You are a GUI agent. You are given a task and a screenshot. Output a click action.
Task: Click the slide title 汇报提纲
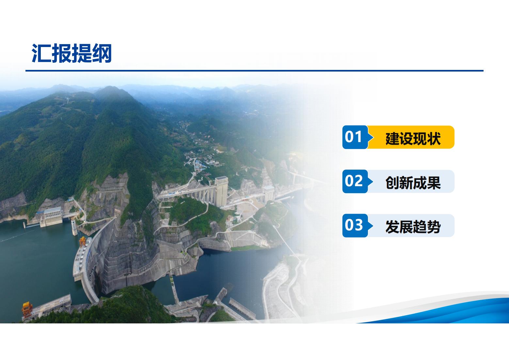click(72, 53)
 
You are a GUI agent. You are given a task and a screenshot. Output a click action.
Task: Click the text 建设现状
click(413, 138)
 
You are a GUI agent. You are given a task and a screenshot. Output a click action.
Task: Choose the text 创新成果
click(413, 182)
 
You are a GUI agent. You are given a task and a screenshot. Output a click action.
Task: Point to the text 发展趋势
click(413, 226)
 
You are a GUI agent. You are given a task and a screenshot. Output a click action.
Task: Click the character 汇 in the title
click(41, 53)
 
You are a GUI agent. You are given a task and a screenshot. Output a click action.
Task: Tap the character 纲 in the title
click(102, 53)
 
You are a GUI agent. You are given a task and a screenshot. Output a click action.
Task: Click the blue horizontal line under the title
click(255, 71)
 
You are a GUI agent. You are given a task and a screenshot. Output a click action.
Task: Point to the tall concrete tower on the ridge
click(221, 191)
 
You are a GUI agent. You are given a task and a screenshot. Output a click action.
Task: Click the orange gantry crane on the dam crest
click(82, 241)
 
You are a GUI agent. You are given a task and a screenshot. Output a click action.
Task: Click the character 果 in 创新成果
click(434, 182)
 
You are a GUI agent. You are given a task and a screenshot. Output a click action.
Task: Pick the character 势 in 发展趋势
click(434, 226)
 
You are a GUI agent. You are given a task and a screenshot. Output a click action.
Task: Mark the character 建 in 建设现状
click(392, 138)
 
